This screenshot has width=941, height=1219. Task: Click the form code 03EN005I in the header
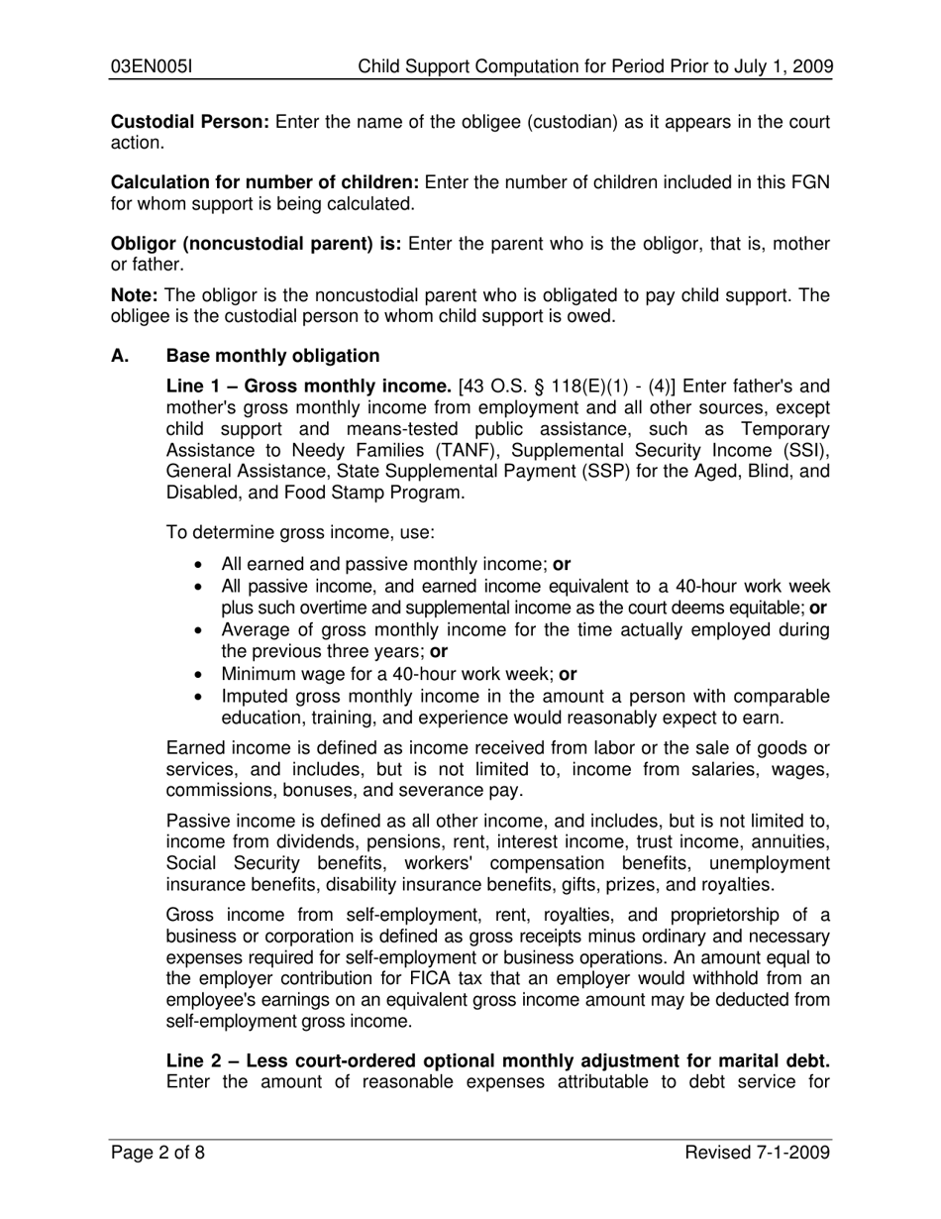151,66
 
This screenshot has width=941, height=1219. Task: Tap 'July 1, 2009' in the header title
782,66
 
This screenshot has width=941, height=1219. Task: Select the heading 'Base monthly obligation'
272,356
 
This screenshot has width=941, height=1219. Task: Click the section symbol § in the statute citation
568,386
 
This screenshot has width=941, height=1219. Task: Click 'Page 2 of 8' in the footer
157,1152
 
